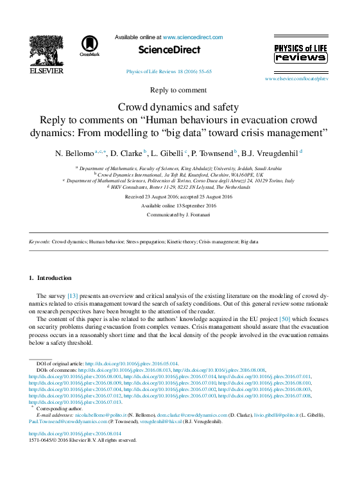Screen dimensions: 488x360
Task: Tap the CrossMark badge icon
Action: [x=89, y=46]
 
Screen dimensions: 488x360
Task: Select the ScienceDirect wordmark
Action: [x=169, y=49]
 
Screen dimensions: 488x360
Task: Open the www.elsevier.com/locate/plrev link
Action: [x=296, y=78]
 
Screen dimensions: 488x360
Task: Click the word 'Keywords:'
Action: [x=40, y=242]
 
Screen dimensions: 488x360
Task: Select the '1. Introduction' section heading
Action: [x=51, y=278]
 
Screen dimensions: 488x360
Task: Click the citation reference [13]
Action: [x=73, y=295]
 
